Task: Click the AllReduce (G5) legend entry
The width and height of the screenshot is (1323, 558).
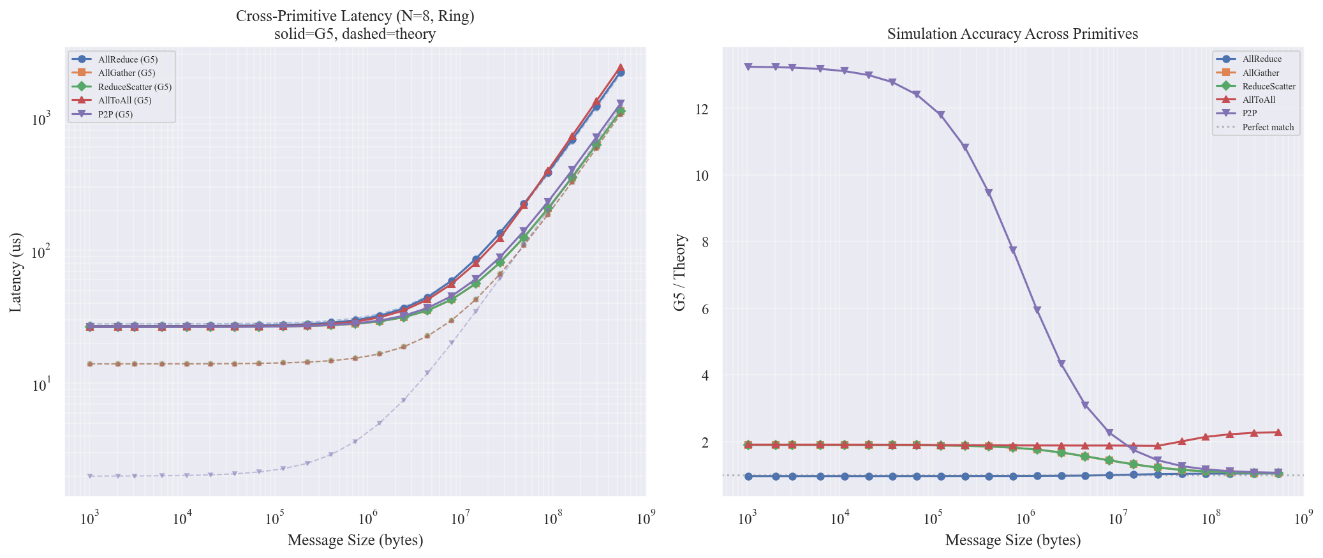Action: [128, 59]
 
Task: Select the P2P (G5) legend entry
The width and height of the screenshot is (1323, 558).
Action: [115, 114]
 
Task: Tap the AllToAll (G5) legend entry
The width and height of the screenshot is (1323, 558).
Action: [124, 100]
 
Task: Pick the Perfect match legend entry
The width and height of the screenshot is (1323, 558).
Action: [1268, 127]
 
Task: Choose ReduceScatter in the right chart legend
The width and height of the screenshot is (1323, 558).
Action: [1268, 86]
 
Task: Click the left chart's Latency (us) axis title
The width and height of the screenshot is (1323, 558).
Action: [16, 272]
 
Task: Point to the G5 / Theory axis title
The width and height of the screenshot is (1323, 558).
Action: [680, 272]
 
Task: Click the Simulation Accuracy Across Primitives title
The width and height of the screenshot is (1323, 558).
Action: [1012, 34]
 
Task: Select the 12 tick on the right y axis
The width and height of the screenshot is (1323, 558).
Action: [702, 109]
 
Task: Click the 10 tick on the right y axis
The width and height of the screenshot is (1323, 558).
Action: [702, 176]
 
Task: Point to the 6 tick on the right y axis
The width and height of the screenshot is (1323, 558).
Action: [705, 309]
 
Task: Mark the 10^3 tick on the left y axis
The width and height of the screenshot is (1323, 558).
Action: [41, 119]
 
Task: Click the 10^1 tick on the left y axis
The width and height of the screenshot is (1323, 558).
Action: [41, 386]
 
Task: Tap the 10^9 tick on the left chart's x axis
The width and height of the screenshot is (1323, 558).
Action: [645, 518]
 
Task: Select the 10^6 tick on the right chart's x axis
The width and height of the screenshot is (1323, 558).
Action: [1025, 518]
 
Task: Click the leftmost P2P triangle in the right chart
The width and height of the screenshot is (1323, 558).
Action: [748, 66]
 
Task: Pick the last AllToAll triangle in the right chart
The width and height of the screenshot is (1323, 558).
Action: [1278, 432]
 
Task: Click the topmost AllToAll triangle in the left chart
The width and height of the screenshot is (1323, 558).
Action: [620, 67]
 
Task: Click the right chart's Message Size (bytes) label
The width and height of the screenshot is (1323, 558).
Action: [1012, 540]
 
